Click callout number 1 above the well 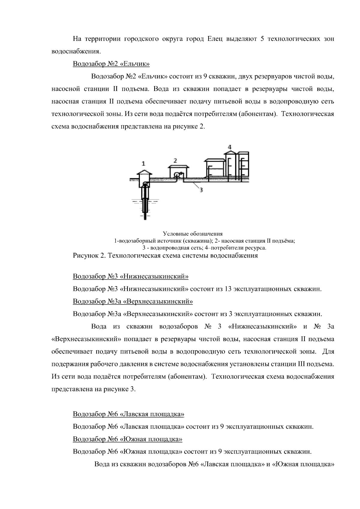pos(143,163)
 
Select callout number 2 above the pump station pos(175,160)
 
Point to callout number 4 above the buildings pos(229,147)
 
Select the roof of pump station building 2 pos(178,166)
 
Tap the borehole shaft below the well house pos(145,201)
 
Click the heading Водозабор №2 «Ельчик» pos(111,64)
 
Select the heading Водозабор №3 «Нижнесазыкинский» pos(130,276)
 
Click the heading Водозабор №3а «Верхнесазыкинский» pos(133,301)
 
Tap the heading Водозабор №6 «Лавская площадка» pos(128,414)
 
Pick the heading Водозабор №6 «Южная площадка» pos(127,439)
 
